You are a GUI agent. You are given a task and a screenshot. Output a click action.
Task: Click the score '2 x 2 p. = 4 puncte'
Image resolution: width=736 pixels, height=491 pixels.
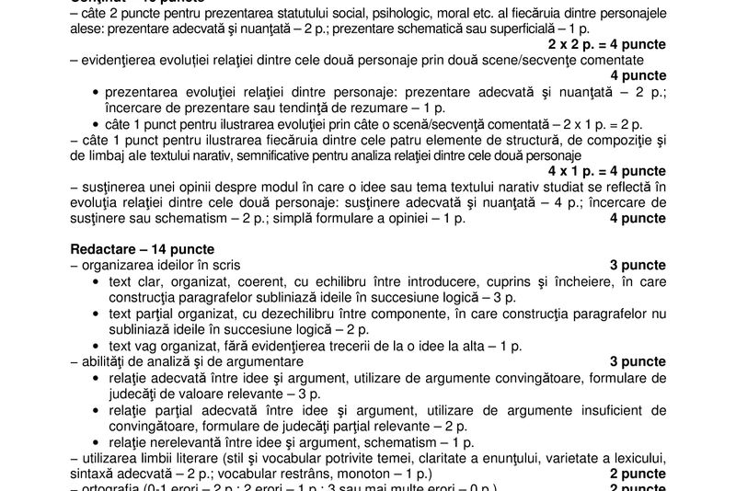pos(607,44)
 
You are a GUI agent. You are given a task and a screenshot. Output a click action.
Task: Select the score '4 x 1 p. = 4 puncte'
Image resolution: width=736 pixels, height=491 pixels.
pos(607,170)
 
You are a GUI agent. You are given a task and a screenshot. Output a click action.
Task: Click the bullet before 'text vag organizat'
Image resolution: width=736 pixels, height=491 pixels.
pos(97,344)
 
